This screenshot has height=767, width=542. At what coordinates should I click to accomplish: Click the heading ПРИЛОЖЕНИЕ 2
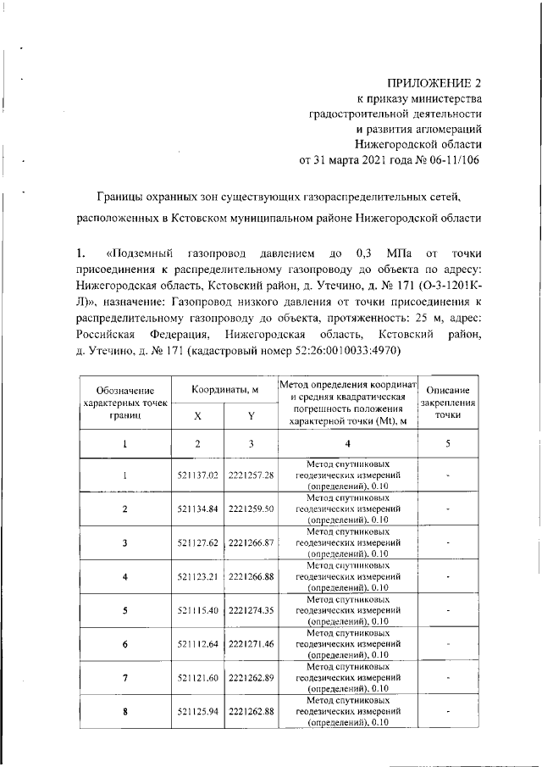click(433, 83)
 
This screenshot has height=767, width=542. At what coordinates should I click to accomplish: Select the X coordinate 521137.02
click(198, 475)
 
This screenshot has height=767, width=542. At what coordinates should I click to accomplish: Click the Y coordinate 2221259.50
click(252, 509)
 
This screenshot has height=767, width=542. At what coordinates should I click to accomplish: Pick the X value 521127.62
click(198, 543)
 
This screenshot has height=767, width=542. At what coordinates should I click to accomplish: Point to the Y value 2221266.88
click(252, 577)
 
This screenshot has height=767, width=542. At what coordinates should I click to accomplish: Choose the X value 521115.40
click(198, 611)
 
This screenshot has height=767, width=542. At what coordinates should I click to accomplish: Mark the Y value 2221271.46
click(252, 645)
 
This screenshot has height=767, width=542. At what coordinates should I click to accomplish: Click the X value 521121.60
click(198, 679)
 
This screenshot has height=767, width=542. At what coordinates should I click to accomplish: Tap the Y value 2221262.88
click(252, 713)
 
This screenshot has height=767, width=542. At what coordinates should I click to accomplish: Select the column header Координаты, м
click(224, 389)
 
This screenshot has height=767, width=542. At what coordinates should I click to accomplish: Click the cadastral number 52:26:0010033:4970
click(339, 351)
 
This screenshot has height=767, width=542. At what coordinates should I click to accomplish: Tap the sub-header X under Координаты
click(198, 415)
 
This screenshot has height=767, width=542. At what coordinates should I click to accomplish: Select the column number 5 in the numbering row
click(448, 443)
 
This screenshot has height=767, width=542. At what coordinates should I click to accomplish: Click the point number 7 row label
click(124, 679)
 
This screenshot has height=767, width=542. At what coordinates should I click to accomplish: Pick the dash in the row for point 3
click(448, 543)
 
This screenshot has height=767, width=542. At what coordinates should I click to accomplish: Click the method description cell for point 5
click(348, 611)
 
